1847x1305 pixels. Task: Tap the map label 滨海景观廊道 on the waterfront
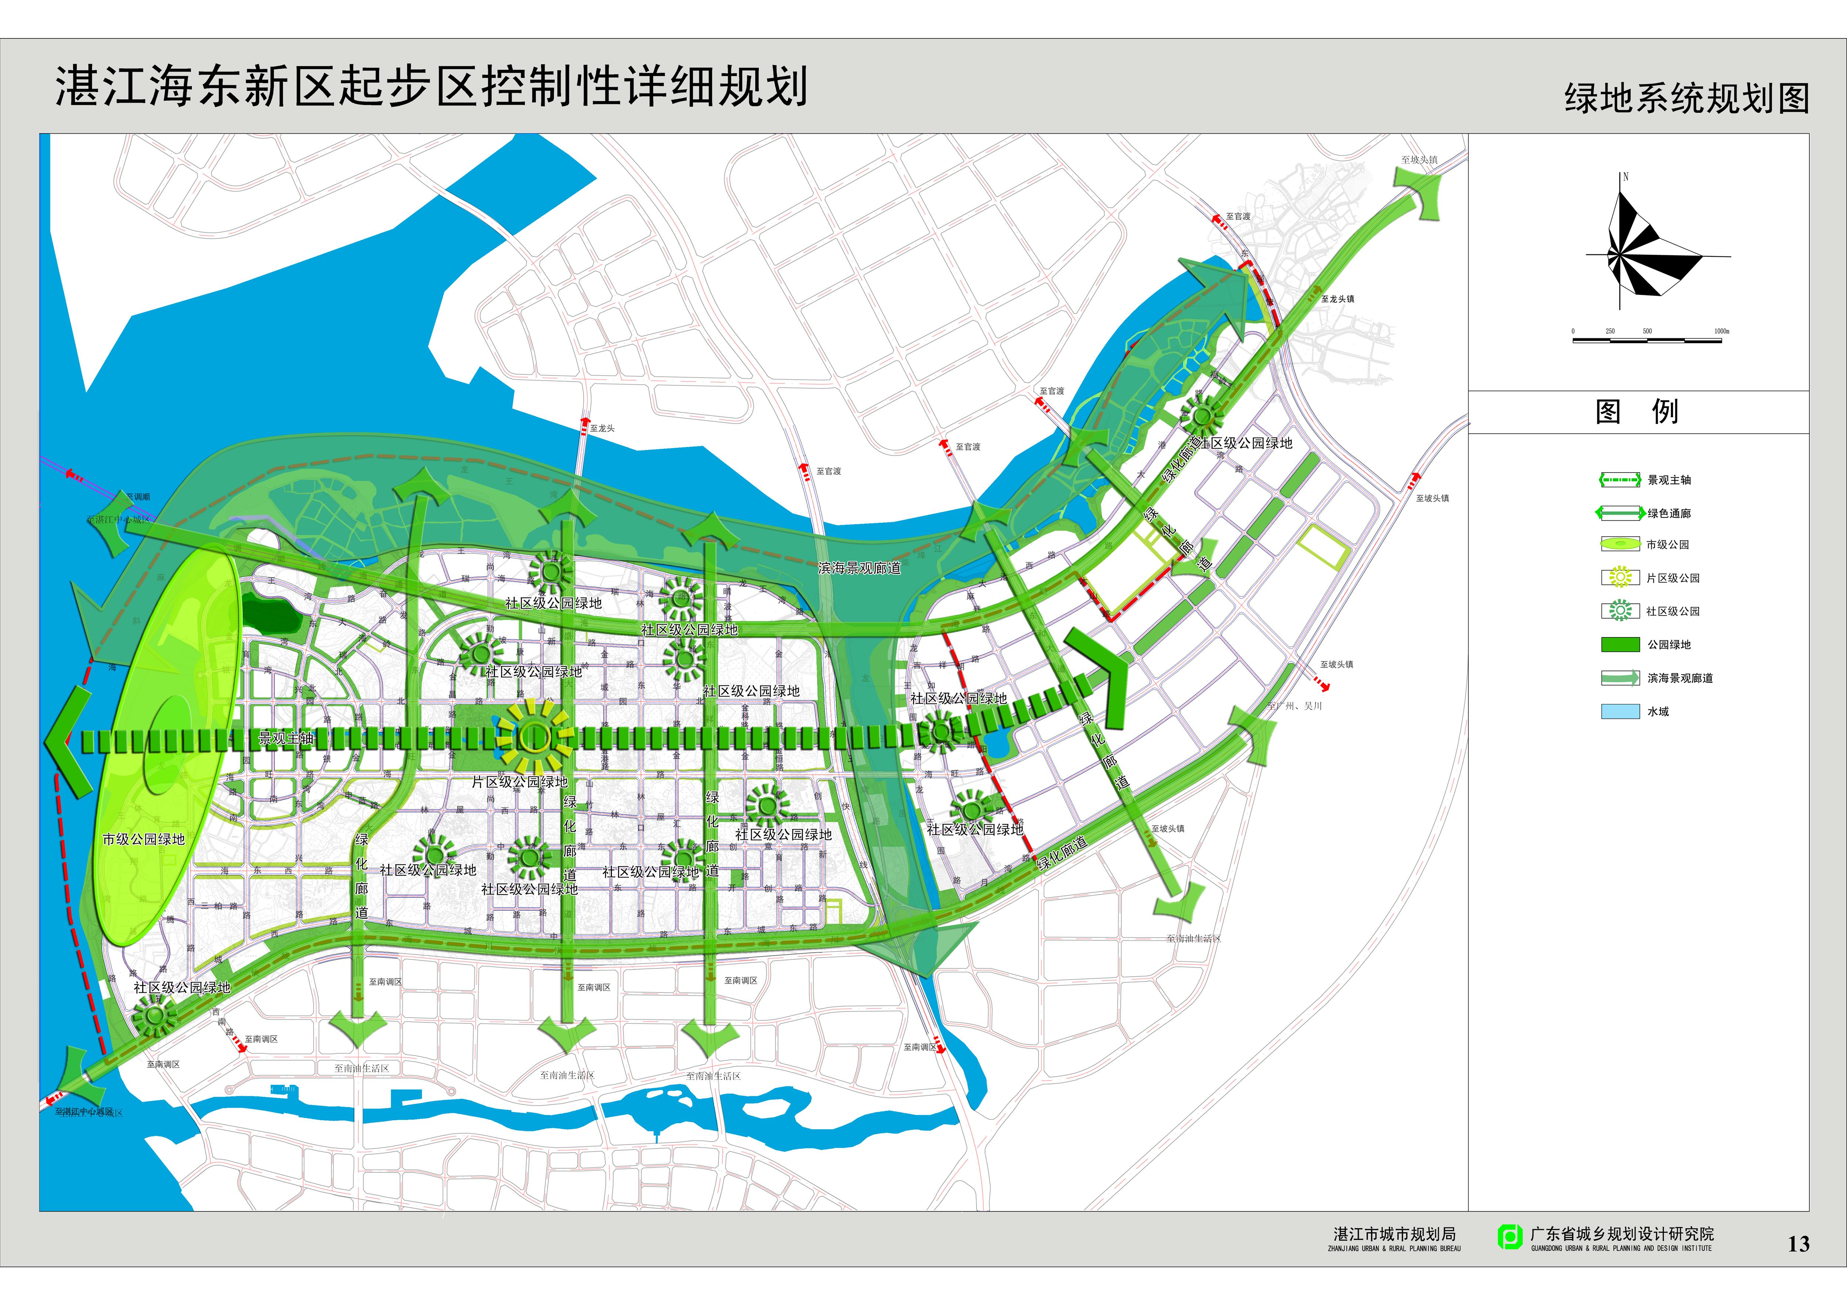(859, 568)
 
